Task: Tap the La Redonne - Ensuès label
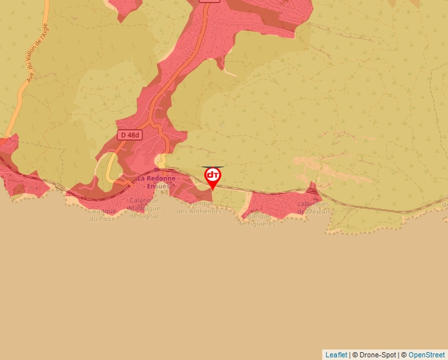(154, 182)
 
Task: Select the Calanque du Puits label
(102, 215)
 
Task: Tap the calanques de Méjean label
(313, 207)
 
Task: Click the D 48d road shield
(130, 134)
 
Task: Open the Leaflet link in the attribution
(336, 355)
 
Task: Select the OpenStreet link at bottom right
(426, 355)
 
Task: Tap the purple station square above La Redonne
(157, 170)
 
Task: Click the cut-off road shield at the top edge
(209, 1)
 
